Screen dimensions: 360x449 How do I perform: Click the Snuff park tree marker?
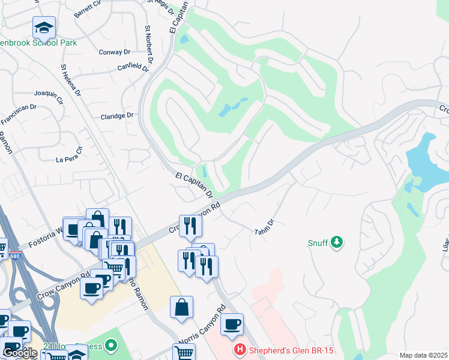click(x=337, y=242)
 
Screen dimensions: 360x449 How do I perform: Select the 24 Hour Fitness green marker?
click(x=110, y=345)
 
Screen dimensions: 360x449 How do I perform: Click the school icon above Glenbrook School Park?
click(x=43, y=28)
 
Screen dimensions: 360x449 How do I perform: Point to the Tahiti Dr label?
click(x=264, y=227)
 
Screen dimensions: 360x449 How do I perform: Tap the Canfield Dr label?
click(x=133, y=67)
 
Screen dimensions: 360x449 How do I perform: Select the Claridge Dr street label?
click(x=116, y=116)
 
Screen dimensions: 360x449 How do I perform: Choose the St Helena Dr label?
click(x=71, y=80)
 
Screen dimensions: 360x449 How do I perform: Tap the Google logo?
click(x=19, y=353)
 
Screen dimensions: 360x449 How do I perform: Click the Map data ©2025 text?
click(x=423, y=355)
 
